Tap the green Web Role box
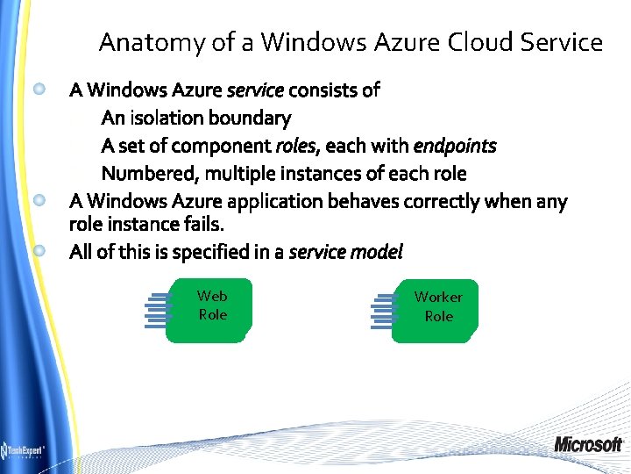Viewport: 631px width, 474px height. click(212, 309)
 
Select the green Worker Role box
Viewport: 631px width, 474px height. click(437, 310)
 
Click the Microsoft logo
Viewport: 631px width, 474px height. click(588, 444)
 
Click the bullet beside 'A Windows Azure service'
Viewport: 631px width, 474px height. click(39, 89)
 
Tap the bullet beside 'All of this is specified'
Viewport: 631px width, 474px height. click(39, 251)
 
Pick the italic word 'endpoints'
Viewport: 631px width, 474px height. click(454, 146)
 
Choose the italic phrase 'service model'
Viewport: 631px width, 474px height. click(345, 252)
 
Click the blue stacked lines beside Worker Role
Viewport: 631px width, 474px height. click(382, 311)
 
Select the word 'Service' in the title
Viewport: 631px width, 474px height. click(561, 42)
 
